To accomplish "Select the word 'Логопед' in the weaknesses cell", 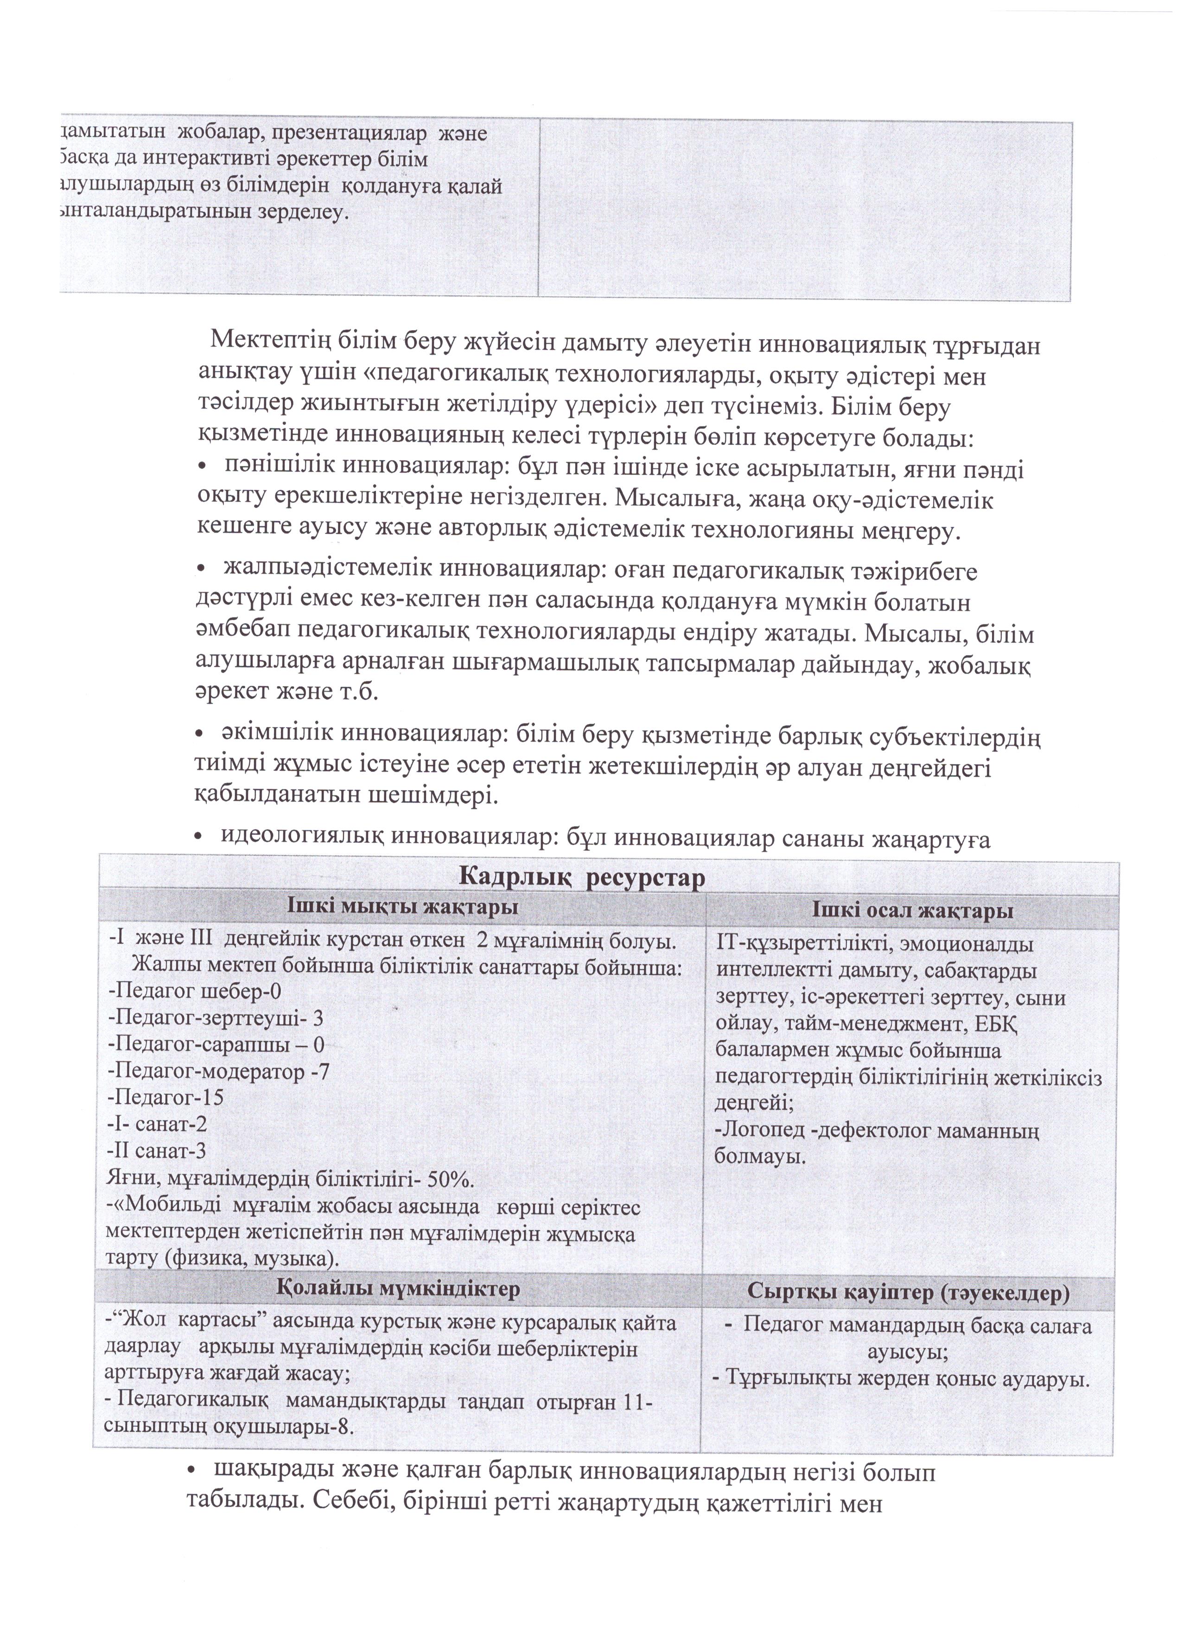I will point(757,1131).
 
